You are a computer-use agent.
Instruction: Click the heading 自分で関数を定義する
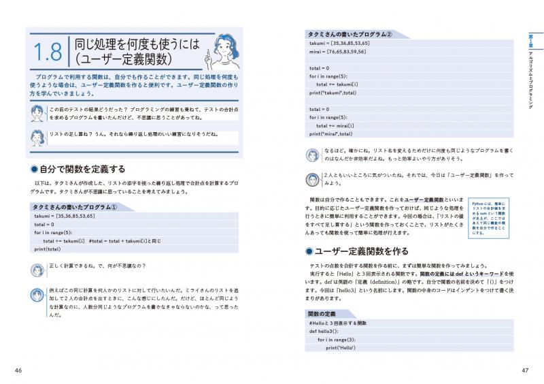[x=83, y=169]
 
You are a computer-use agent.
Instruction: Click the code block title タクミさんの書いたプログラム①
[x=76, y=207]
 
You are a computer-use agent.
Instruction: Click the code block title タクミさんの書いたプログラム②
[x=350, y=33]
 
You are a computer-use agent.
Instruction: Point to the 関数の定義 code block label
[x=322, y=313]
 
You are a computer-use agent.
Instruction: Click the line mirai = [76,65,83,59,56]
[x=338, y=51]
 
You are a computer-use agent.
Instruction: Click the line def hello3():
[x=324, y=330]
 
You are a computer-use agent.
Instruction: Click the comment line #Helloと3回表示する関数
[x=337, y=322]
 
